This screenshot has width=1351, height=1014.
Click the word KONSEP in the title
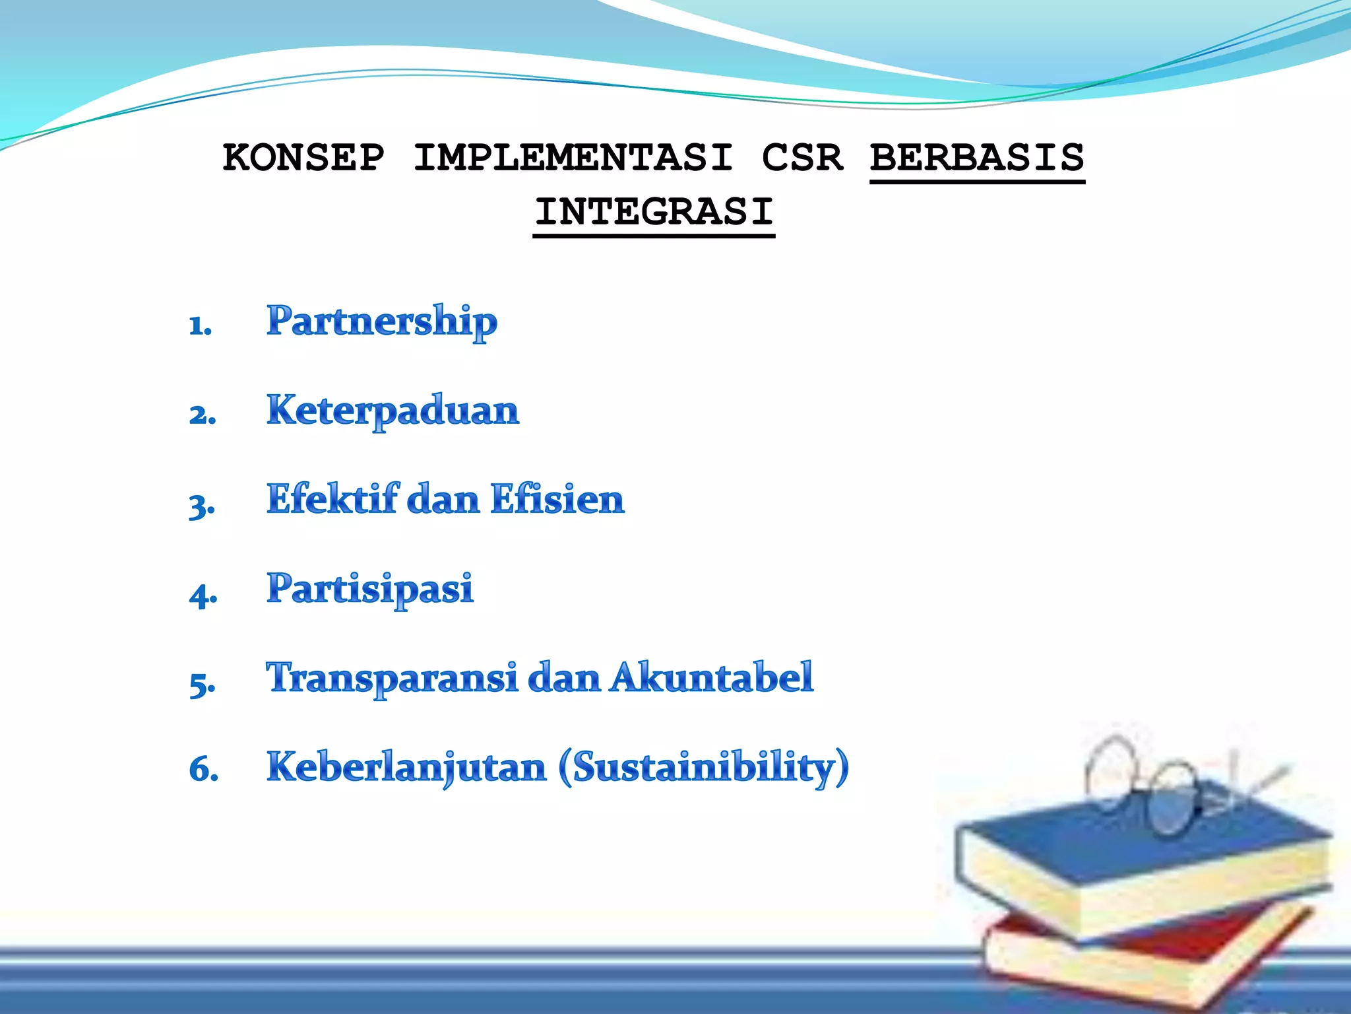click(x=303, y=158)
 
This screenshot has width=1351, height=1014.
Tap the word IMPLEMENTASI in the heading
click(x=573, y=158)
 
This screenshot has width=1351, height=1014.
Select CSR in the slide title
click(x=802, y=158)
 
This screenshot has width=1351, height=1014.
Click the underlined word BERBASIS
click(x=977, y=158)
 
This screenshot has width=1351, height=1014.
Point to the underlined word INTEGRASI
click(x=654, y=212)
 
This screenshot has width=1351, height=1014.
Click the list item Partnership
click(x=381, y=321)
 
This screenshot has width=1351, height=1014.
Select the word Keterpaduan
click(x=393, y=411)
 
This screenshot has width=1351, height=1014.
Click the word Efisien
click(x=557, y=499)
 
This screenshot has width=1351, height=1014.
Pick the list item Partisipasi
click(x=370, y=588)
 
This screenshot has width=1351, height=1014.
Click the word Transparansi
click(x=392, y=678)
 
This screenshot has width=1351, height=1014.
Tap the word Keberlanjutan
click(x=406, y=768)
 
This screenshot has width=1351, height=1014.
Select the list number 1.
click(x=200, y=325)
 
